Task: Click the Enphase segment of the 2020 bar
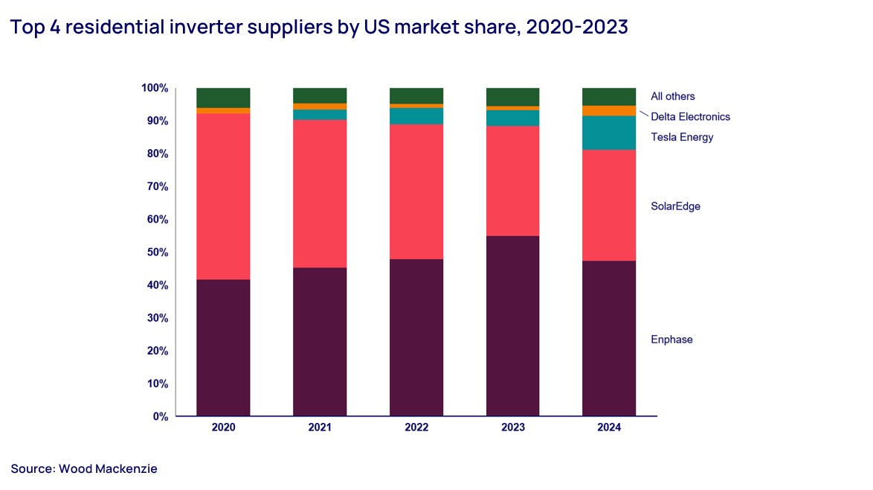[x=223, y=347]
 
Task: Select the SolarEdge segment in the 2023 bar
[x=512, y=181]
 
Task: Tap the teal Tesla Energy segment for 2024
[x=609, y=133]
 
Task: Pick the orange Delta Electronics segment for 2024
[x=609, y=111]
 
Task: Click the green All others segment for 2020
[x=223, y=98]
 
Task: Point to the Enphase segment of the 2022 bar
[x=416, y=337]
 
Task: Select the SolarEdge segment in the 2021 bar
[x=320, y=194]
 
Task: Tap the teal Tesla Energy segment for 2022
[x=416, y=116]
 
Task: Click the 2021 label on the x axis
[x=320, y=428]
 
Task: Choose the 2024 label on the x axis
[x=609, y=428]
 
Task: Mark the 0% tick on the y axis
[x=160, y=416]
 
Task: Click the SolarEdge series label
[x=675, y=206]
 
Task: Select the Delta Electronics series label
[x=690, y=117]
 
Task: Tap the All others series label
[x=672, y=96]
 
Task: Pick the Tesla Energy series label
[x=682, y=137]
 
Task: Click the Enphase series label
[x=671, y=340]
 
